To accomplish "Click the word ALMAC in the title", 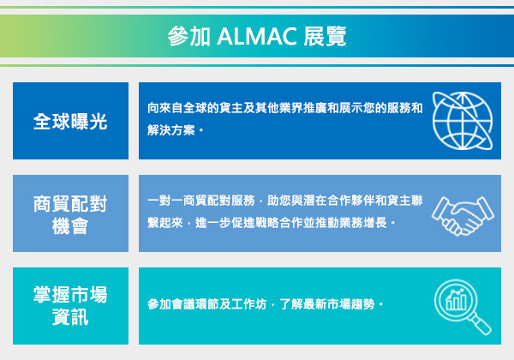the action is tap(257, 36).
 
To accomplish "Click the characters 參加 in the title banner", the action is tap(188, 36).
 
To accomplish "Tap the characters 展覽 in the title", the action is tap(325, 36).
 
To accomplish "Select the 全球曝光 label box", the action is tap(70, 121).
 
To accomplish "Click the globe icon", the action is tap(463, 121).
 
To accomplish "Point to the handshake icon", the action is tap(463, 215).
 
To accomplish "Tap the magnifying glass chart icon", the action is tap(463, 307).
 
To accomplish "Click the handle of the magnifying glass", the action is tap(481, 324).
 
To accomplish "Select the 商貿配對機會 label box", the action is tap(70, 213).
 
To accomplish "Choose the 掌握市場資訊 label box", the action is tap(70, 306).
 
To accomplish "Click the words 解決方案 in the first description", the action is tap(171, 130).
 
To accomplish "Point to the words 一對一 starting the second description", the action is tap(164, 201).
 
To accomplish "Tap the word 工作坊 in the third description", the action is tap(248, 304).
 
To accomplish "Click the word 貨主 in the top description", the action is tap(231, 108).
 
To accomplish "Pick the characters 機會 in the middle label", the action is tap(70, 226).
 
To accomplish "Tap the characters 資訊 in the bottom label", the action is tap(70, 317).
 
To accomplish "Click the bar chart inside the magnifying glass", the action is tap(456, 300).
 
